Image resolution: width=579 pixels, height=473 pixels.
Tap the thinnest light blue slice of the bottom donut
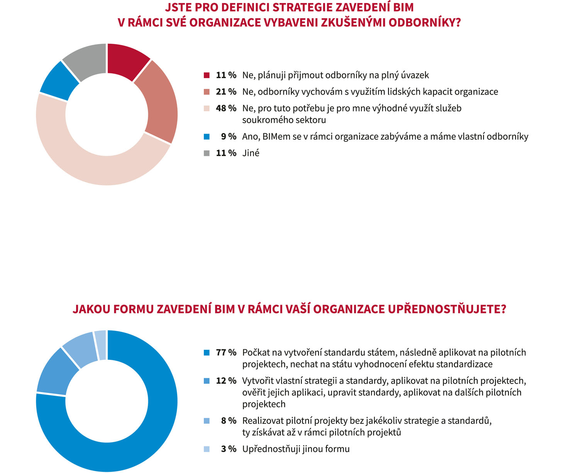tap(100, 345)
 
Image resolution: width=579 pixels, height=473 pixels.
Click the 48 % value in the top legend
tap(226, 109)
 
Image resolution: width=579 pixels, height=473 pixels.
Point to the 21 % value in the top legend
tap(226, 92)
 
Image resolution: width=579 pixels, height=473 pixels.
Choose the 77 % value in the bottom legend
tap(226, 353)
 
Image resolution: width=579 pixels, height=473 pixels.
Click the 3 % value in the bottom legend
tap(229, 449)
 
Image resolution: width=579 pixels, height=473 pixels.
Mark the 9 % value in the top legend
tap(229, 137)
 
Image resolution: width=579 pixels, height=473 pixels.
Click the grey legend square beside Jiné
tap(207, 153)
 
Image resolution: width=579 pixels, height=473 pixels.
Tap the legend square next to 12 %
tap(207, 381)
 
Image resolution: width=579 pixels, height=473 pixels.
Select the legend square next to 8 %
tap(207, 421)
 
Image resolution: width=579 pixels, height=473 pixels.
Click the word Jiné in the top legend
tap(251, 153)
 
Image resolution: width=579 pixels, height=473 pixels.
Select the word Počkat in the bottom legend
tap(256, 353)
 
